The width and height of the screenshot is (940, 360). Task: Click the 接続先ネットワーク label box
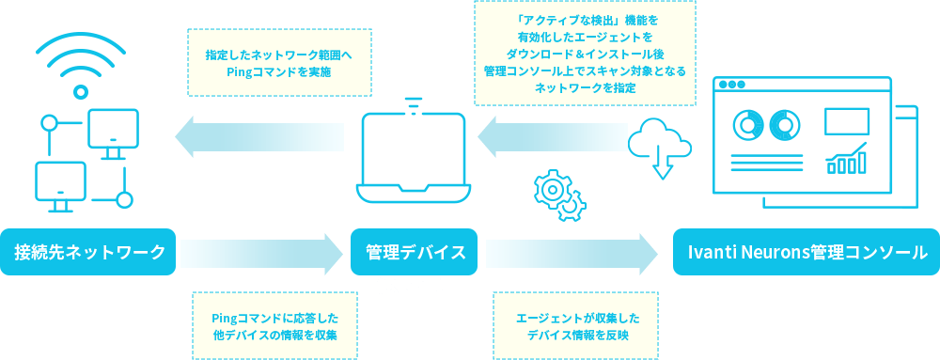[x=89, y=252]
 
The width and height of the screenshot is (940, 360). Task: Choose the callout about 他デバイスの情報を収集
[x=274, y=325]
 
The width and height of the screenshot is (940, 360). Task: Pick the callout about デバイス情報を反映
[x=575, y=325]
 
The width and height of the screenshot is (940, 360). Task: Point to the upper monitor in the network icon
[x=114, y=131]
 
